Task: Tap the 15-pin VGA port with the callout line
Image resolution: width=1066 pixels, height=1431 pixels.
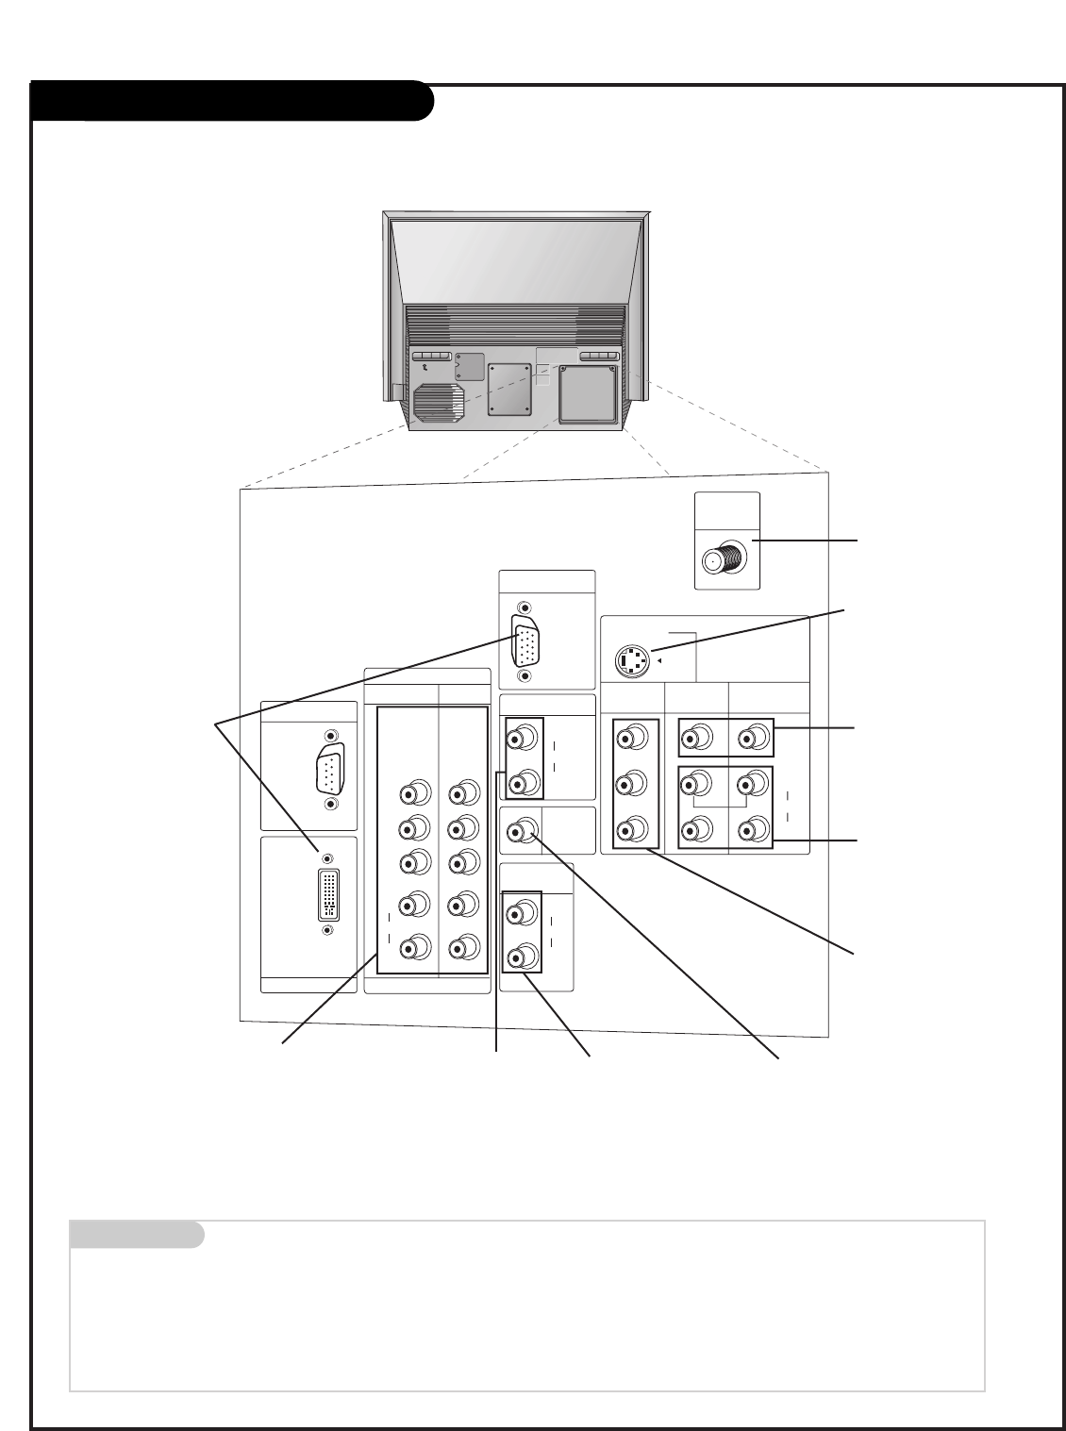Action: tap(525, 641)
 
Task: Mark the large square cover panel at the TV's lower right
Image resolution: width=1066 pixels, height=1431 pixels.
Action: tap(587, 394)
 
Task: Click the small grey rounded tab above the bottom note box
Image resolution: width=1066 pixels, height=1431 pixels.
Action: tap(137, 1234)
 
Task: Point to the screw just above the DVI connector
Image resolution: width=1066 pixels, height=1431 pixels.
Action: tap(327, 858)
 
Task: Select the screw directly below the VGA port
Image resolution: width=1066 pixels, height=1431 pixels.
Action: tap(525, 675)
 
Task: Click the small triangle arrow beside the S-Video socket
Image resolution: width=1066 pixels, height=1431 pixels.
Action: tap(658, 660)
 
